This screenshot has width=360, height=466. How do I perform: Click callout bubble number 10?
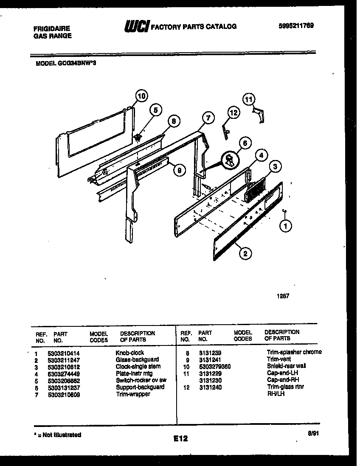142,96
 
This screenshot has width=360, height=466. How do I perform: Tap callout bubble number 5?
155,110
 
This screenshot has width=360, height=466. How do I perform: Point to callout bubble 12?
233,113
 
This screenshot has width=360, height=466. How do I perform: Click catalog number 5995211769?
296,26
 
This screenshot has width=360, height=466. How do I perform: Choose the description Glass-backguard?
137,359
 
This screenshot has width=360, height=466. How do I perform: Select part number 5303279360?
214,366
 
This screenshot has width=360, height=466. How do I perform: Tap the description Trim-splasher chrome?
294,352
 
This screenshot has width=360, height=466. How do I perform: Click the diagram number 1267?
283,297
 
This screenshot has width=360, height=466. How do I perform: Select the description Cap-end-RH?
281,380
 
